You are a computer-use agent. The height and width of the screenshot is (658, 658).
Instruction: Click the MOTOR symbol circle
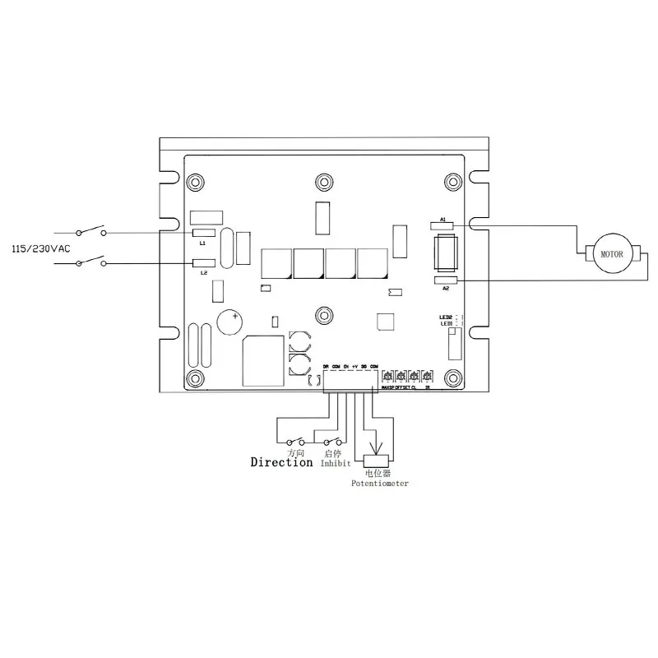[613, 254]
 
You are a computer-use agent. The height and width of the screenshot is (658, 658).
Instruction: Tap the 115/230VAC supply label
[41, 248]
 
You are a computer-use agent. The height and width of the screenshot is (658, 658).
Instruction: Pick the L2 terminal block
[203, 264]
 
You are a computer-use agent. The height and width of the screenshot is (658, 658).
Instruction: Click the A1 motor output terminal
[443, 225]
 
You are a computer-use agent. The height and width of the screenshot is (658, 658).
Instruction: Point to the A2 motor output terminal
[445, 280]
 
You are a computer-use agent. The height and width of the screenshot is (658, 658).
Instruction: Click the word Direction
[281, 462]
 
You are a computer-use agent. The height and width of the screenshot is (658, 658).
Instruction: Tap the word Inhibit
[336, 464]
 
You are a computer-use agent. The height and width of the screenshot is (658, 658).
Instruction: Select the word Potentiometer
[379, 484]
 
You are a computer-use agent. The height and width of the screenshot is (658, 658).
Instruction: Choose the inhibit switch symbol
[333, 441]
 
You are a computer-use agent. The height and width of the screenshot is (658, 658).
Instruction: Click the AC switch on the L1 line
[91, 231]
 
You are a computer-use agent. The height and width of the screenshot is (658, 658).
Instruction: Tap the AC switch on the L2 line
[91, 262]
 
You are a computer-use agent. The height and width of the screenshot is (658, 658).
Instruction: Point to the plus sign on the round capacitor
[235, 316]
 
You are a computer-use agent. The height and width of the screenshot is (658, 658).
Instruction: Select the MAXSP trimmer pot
[387, 376]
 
